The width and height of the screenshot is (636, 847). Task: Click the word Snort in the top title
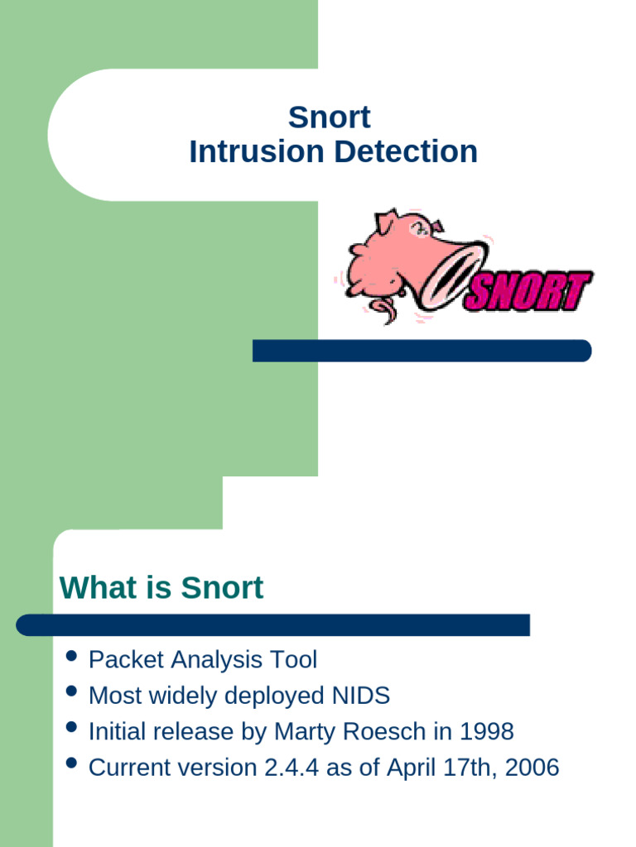[x=330, y=117]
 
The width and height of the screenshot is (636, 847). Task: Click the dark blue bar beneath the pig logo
[x=422, y=351]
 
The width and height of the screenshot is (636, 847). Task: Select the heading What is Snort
[x=161, y=588]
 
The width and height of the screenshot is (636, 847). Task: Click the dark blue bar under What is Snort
[x=272, y=625]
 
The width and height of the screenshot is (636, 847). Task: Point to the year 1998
[x=487, y=732]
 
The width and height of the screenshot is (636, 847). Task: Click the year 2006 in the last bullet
[x=532, y=768]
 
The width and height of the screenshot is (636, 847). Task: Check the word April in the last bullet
[x=392, y=768]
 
